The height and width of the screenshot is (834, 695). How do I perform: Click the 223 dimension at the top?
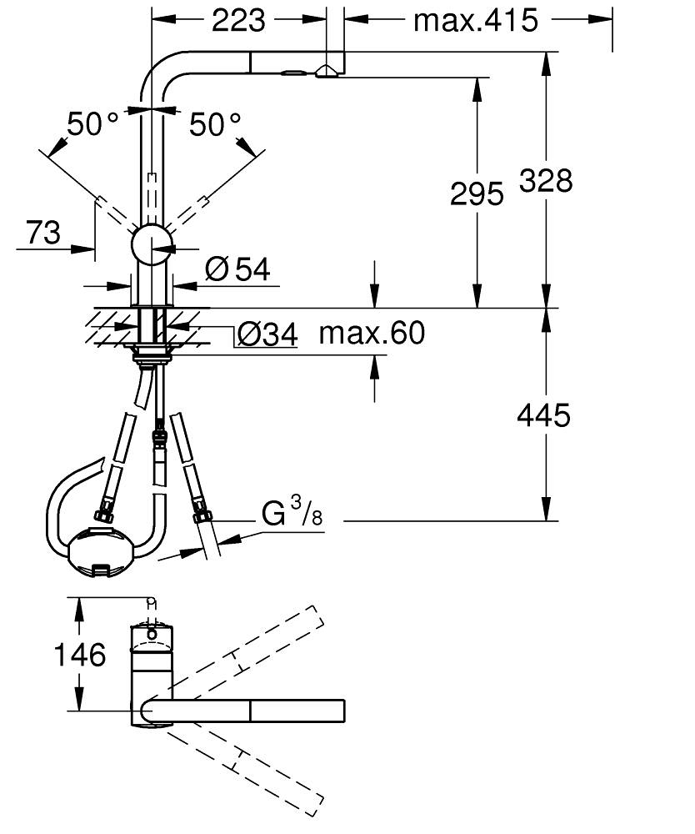238,19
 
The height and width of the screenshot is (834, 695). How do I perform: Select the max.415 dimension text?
476,20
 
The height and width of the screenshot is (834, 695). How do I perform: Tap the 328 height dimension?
546,179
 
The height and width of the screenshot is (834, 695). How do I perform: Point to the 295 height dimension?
477,193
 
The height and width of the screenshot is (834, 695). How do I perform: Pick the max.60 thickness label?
372,334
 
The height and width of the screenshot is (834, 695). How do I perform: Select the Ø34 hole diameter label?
267,334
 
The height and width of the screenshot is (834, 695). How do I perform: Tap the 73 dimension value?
42,232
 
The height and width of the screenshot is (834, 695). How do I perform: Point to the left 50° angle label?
92,125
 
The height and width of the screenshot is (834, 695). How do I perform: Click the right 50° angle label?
215,125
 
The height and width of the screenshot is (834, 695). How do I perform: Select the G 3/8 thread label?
292,514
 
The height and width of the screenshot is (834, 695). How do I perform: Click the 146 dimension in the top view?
81,655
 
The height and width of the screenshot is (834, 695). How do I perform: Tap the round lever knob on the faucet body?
152,244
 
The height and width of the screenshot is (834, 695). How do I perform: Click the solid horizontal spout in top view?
250,711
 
